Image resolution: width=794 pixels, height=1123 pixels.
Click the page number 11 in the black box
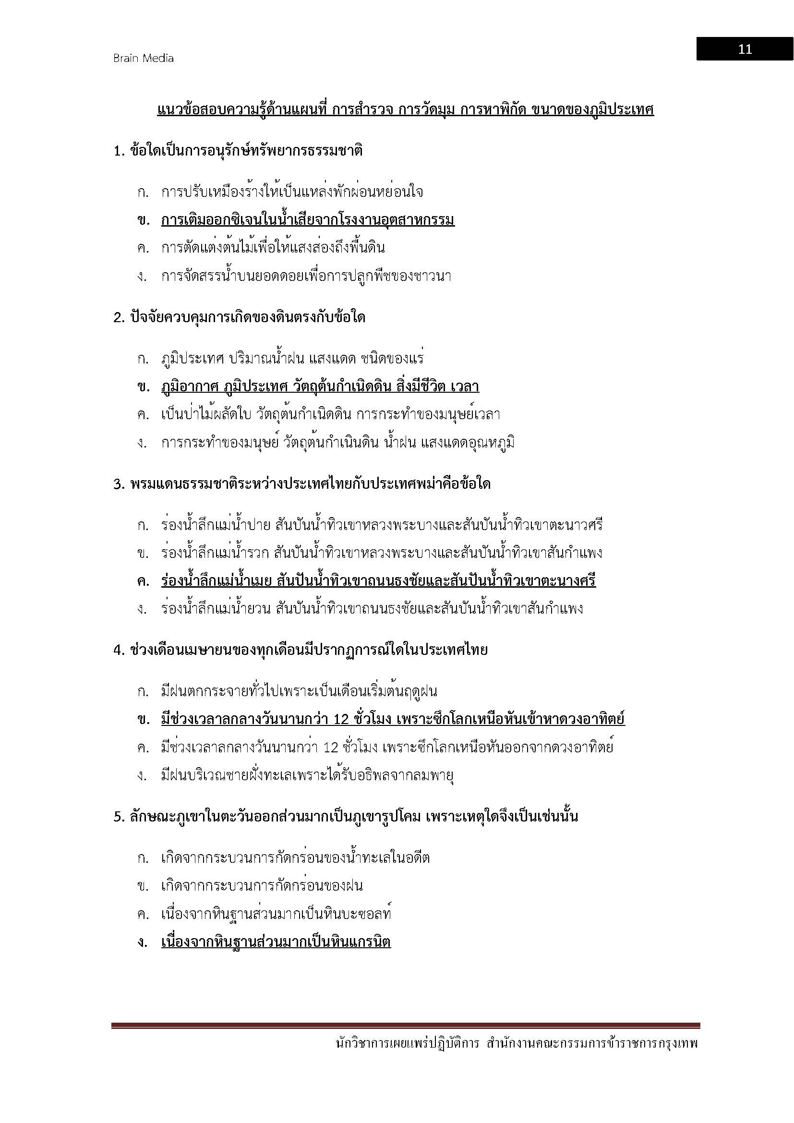[745, 49]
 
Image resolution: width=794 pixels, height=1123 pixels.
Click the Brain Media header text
[143, 58]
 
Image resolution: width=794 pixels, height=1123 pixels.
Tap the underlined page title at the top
[405, 109]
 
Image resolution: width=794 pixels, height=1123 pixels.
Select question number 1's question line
[238, 151]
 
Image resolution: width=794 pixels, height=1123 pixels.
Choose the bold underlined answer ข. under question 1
[308, 220]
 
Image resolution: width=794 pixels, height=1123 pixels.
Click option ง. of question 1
[306, 277]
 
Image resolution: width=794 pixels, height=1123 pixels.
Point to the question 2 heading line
[240, 317]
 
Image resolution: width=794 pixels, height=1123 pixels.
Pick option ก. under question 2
[292, 359]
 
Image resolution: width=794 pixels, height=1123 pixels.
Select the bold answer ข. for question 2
[320, 387]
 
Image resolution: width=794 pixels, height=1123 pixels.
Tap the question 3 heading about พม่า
[302, 484]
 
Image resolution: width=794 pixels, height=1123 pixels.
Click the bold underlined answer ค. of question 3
[378, 581]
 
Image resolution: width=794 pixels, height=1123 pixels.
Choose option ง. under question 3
[372, 609]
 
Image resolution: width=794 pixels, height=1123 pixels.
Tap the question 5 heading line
[346, 816]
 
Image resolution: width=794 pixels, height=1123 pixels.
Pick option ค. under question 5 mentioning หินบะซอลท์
[276, 914]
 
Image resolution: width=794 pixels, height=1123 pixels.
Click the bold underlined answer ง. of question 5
[276, 942]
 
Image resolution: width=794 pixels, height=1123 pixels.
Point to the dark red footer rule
[405, 1026]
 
